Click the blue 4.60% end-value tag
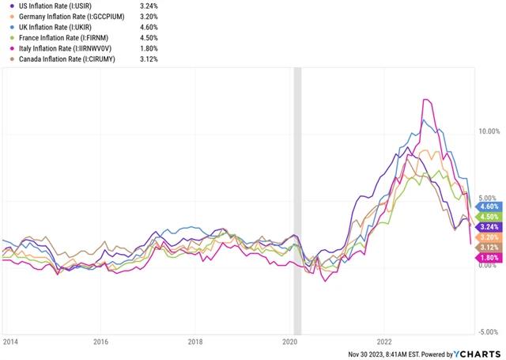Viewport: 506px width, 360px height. (489, 207)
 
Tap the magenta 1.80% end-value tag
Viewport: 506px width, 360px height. (489, 257)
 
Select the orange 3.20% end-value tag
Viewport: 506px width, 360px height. (489, 237)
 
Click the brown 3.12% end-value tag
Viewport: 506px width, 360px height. (489, 248)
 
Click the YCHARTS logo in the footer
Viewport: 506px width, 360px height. (476, 354)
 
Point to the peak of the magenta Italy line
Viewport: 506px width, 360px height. (426, 100)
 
